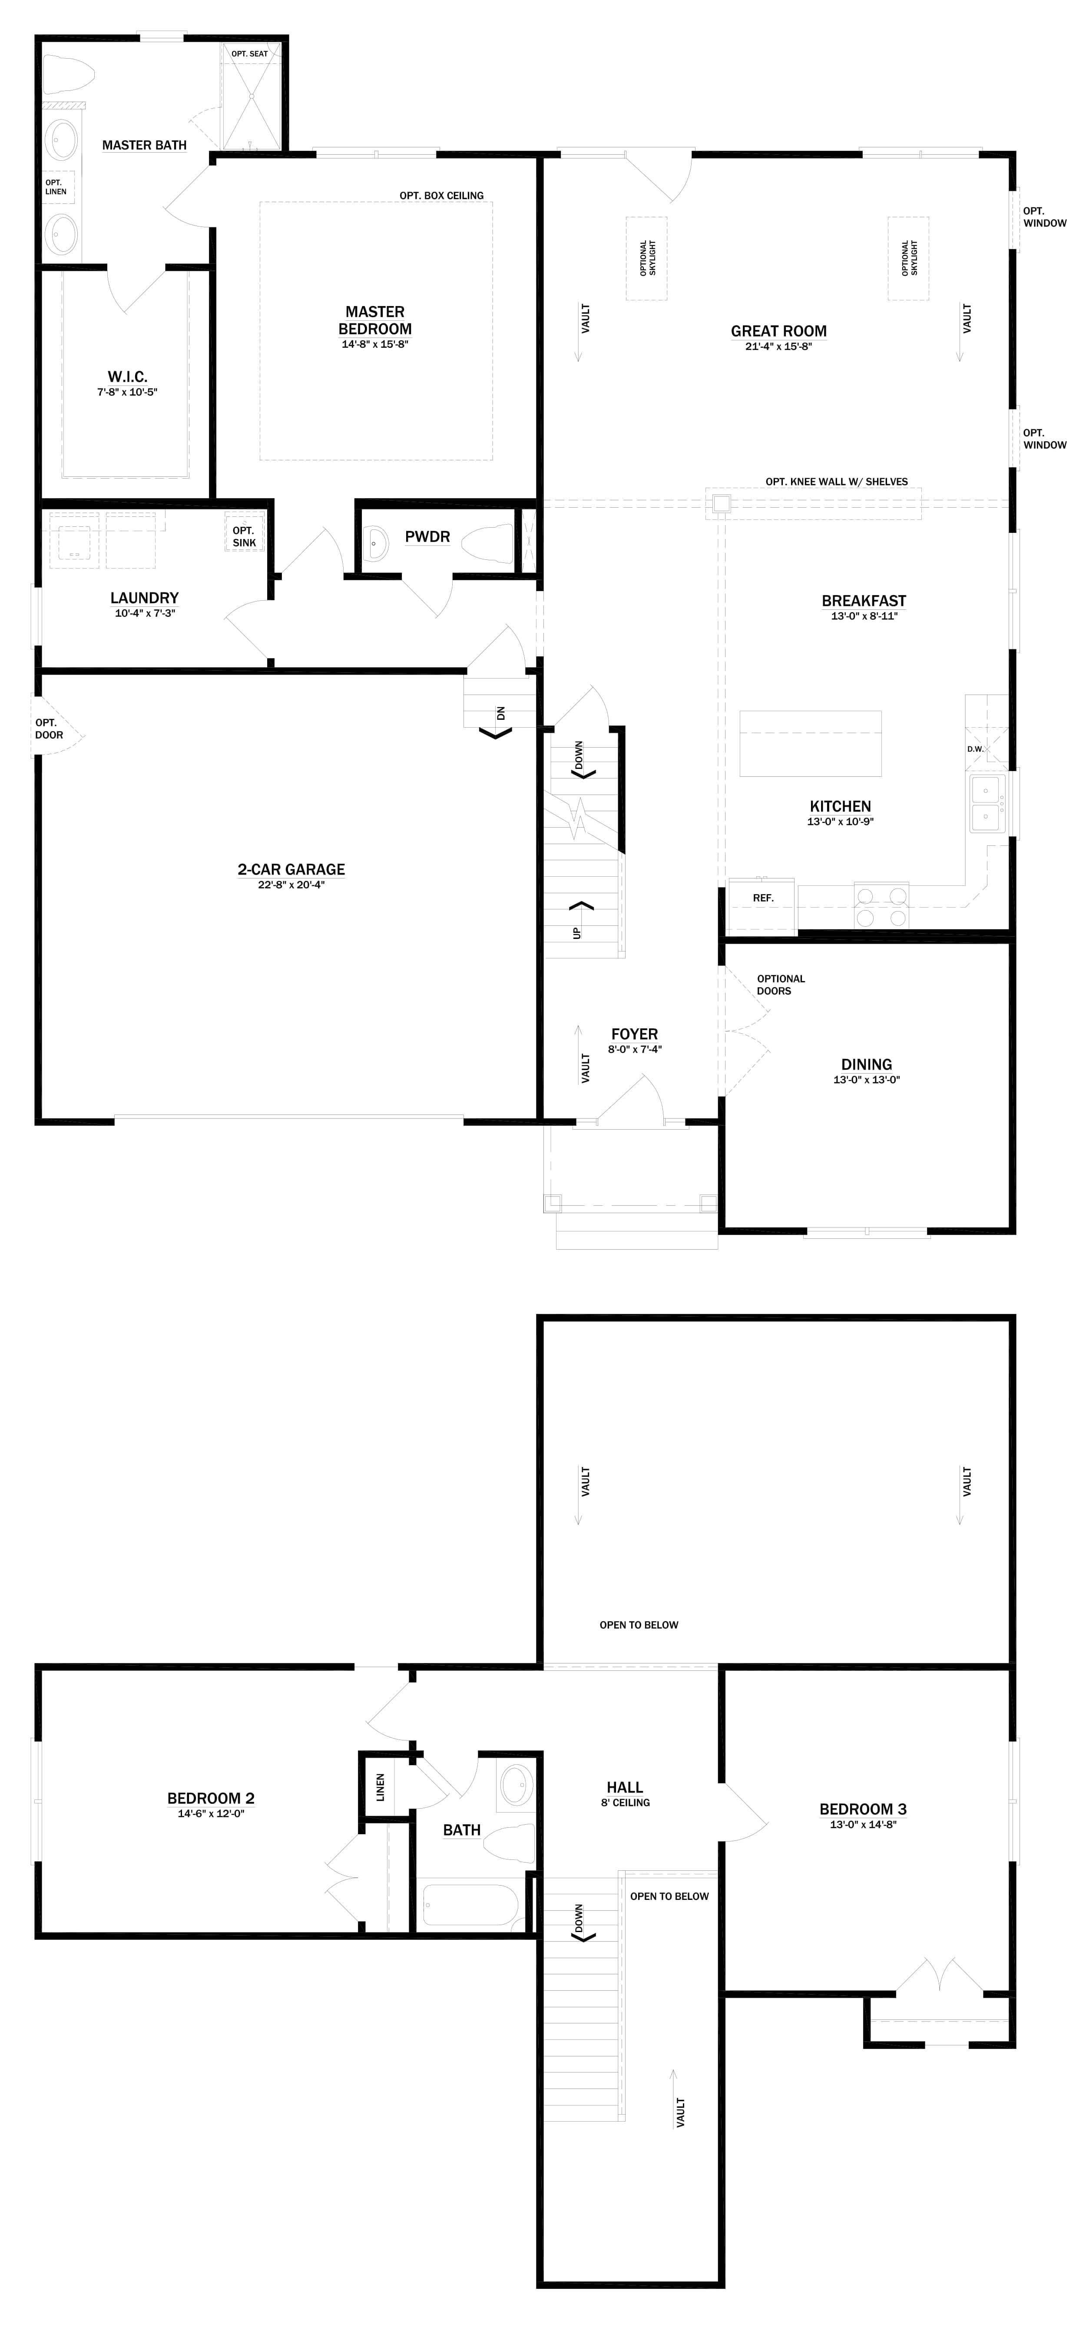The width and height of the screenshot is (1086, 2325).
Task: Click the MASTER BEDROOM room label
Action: tap(375, 320)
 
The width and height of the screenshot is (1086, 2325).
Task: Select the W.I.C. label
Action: tap(127, 376)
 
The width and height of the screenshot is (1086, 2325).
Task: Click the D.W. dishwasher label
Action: tap(975, 749)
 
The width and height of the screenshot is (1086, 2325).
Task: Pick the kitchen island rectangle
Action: tap(810, 744)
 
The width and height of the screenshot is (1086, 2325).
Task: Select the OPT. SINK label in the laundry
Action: tap(244, 537)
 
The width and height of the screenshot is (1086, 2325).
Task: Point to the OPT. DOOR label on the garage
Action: tap(49, 728)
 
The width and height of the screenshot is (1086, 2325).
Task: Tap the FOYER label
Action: tap(634, 1034)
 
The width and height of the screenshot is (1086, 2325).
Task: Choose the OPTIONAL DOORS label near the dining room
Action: tap(780, 985)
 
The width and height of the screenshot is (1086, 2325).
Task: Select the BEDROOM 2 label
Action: tap(211, 1798)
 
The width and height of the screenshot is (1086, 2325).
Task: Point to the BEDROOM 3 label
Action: tap(862, 1809)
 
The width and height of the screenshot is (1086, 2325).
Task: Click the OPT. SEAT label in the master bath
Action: tap(249, 54)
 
